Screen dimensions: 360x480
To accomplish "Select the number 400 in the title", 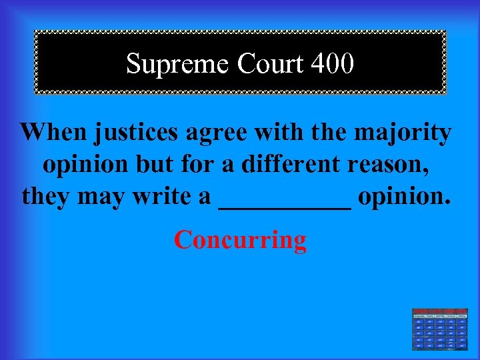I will point(332,64).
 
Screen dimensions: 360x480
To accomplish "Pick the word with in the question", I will point(281,132).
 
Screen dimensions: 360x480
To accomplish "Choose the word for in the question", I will point(199,164).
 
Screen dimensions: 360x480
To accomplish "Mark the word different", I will point(281,164).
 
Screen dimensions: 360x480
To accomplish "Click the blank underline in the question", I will point(285,205).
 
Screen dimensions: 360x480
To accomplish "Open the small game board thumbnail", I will point(439,329).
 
